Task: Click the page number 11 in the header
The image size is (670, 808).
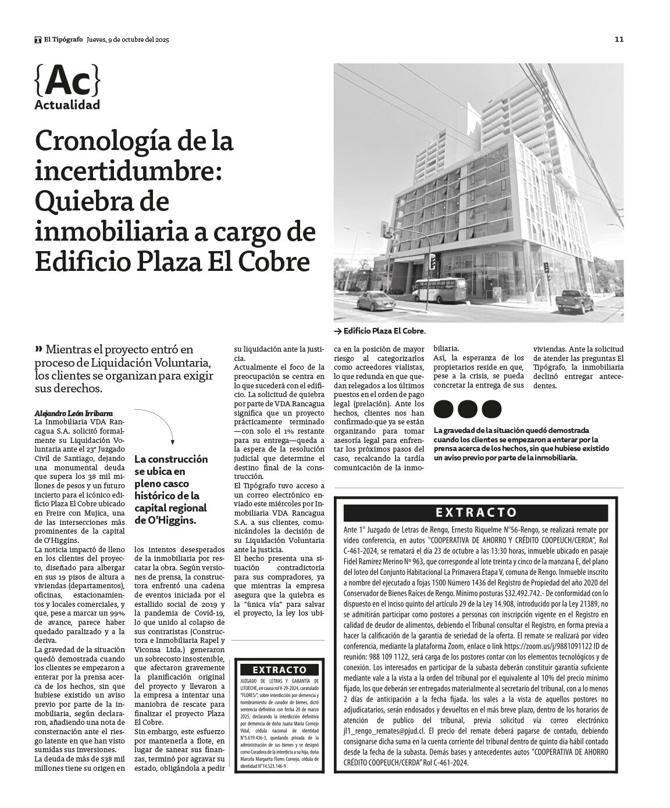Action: pos(619,40)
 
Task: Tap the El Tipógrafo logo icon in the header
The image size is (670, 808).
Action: pos(38,40)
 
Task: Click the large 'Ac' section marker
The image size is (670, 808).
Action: pos(67,81)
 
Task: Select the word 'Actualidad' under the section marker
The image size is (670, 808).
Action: pos(67,105)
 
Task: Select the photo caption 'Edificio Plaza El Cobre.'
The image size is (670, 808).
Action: pos(384,331)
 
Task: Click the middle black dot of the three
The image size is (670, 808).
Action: pos(468,409)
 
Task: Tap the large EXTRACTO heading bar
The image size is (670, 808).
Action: pos(477,513)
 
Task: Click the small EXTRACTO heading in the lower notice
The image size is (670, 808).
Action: pos(279,670)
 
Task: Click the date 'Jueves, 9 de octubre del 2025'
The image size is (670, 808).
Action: pos(127,40)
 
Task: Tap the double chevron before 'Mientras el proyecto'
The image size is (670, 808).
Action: pos(38,349)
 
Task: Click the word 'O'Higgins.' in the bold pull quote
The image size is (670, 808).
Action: pos(165,520)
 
